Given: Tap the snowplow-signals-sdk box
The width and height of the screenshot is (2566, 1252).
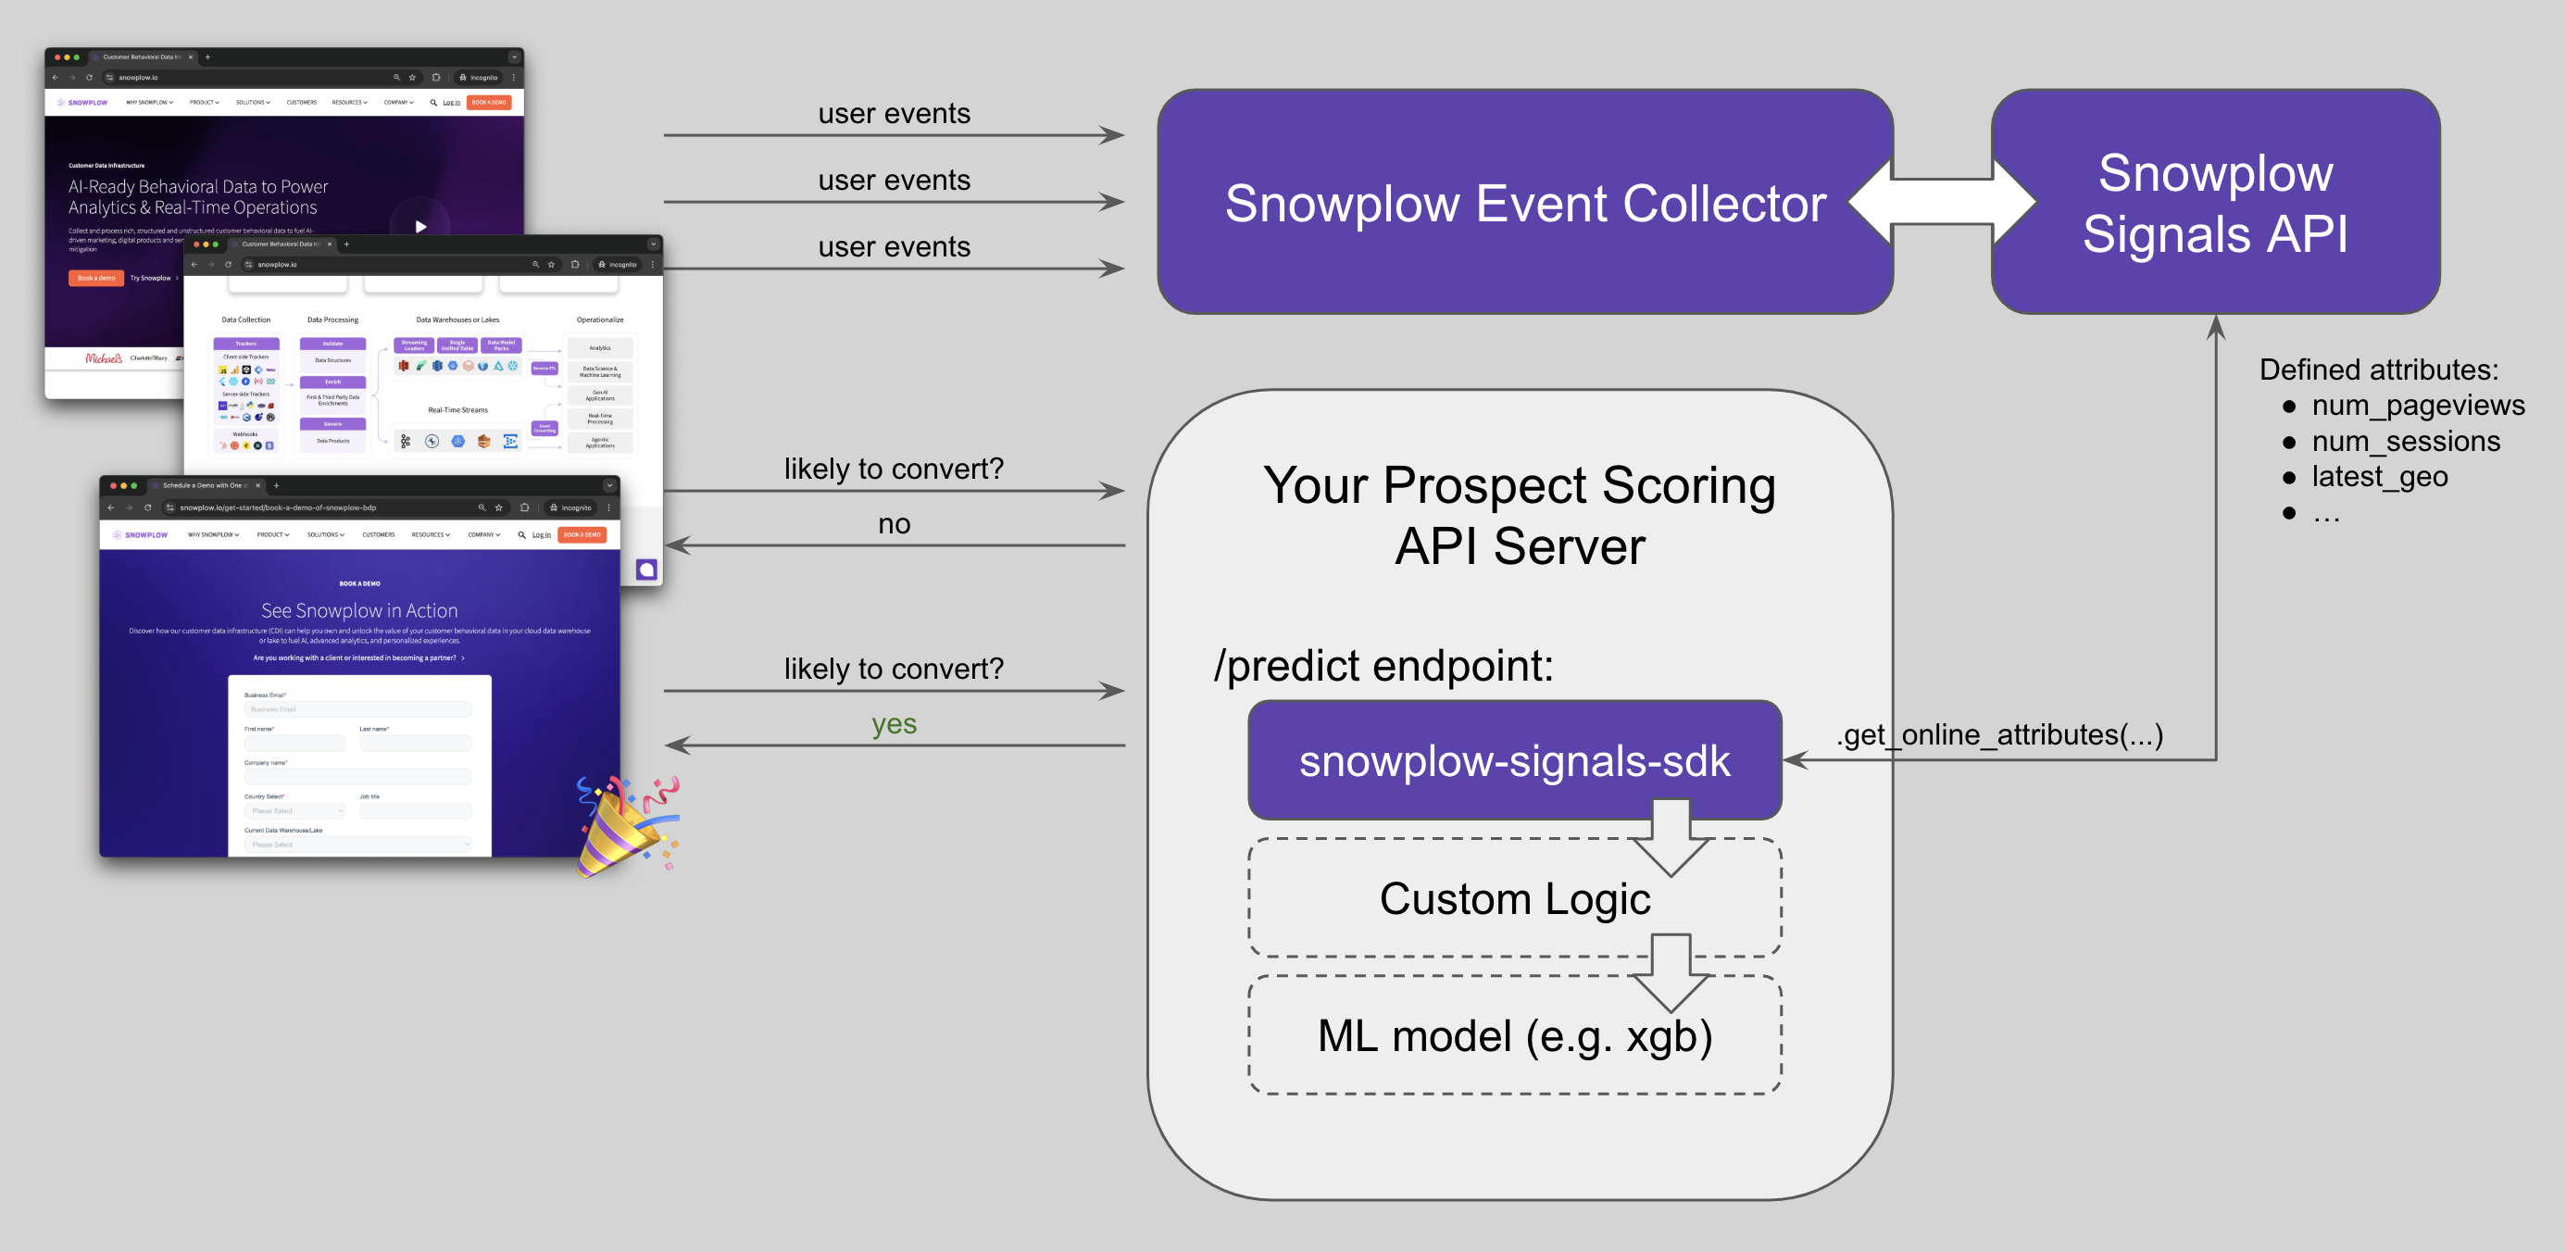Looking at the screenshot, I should (x=1514, y=760).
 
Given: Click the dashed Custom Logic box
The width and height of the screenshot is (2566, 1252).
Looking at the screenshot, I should (x=1514, y=898).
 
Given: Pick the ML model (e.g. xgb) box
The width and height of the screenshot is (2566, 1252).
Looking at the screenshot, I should (x=1514, y=1036).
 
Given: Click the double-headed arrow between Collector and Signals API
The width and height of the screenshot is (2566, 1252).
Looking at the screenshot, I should (x=1943, y=201).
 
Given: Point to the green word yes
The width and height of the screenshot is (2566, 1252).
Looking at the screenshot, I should (x=894, y=724).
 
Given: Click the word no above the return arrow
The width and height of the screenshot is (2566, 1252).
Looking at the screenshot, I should (x=894, y=524).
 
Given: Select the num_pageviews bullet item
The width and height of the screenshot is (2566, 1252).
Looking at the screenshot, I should (x=2418, y=406).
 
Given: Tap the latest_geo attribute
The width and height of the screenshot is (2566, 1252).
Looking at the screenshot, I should (x=2379, y=476).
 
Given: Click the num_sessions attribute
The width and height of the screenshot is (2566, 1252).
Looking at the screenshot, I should (x=2406, y=441).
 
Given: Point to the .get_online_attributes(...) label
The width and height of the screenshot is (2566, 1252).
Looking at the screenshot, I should (x=1999, y=734).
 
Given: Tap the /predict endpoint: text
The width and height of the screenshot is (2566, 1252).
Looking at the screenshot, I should (x=1383, y=665).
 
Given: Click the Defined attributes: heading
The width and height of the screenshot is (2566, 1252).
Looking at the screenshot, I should (x=2379, y=369).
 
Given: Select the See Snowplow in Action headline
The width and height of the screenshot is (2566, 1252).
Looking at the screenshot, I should (x=359, y=610).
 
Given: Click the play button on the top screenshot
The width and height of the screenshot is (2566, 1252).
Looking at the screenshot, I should (x=420, y=226).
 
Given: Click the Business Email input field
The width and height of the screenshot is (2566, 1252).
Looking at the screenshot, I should (x=357, y=709).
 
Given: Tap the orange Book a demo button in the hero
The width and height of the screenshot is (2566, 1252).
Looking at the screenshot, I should (x=96, y=278).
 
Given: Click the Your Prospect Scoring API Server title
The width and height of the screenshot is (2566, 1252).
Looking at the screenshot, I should (x=1519, y=515).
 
